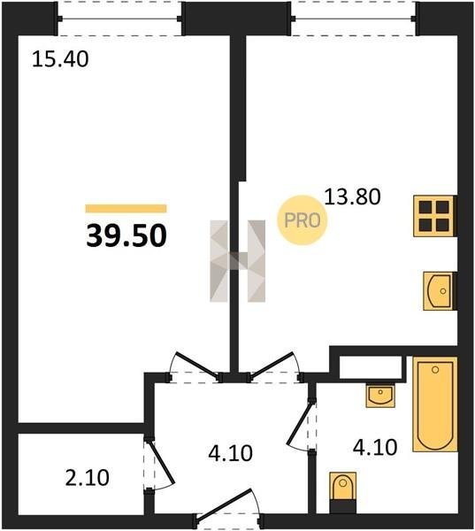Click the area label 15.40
coord(60,59)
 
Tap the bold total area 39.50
coord(126,236)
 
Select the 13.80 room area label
coord(352,196)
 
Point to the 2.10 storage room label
coord(87,478)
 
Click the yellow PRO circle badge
coord(303,220)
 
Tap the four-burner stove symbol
coord(434,216)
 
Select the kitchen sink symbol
coord(439,291)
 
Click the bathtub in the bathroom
coord(435,404)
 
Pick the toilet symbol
coord(342,492)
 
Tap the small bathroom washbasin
coord(380,396)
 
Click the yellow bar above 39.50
coord(126,208)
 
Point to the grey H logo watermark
coord(238,261)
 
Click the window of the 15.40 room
coord(120,19)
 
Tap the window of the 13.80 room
coord(354,19)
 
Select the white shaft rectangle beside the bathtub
coord(371,367)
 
